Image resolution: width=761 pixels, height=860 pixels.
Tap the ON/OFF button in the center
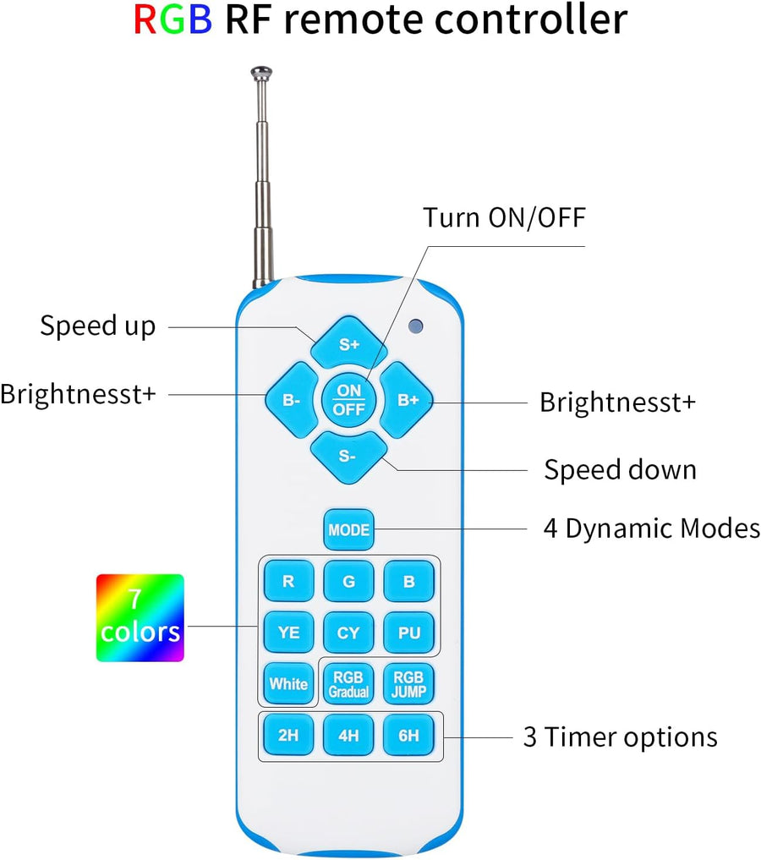[348, 400]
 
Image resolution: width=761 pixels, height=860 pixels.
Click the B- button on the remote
[292, 400]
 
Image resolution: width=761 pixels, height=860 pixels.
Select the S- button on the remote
[348, 456]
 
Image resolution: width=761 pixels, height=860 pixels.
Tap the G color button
[348, 582]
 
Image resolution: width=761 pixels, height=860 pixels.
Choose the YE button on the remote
[288, 633]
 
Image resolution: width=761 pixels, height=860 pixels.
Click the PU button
[408, 633]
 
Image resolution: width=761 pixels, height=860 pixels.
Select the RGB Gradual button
[348, 683]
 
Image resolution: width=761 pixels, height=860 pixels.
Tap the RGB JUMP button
[408, 683]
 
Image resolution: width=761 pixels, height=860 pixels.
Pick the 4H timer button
[348, 735]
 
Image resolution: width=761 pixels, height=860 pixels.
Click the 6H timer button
[408, 735]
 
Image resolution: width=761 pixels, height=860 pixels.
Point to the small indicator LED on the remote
[414, 325]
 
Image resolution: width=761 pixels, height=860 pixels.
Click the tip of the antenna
[261, 71]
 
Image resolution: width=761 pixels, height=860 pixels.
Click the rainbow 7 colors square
[140, 617]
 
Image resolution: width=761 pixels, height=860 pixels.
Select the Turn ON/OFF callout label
[504, 217]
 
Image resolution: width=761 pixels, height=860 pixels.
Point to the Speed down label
[620, 469]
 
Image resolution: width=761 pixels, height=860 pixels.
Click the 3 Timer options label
[620, 737]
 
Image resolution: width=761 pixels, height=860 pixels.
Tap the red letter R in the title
[146, 19]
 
